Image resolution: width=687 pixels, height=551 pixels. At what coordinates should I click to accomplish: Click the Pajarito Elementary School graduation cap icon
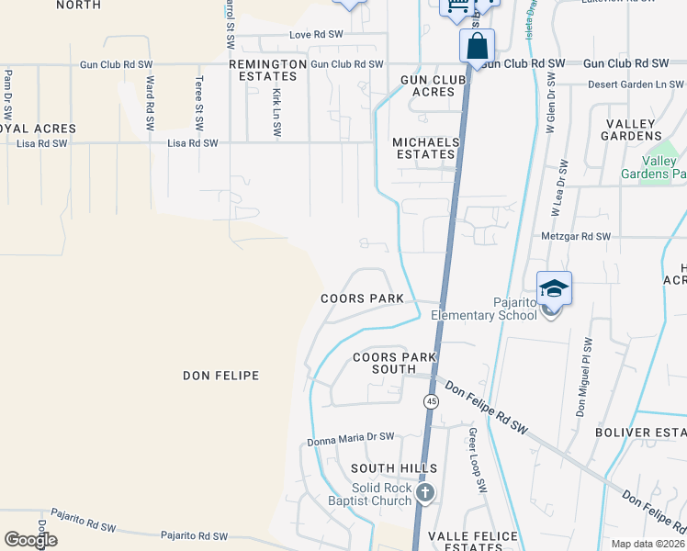point(555,289)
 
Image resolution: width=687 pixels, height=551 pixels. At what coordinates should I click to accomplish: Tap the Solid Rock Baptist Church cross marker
point(424,494)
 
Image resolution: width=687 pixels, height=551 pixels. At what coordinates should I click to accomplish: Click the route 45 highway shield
point(431,401)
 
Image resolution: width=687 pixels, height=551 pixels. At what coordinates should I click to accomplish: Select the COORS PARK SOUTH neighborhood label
point(395,364)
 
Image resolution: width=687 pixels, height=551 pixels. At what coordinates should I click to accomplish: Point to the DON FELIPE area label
point(220,376)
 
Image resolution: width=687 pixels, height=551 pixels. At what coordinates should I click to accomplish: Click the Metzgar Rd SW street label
point(576,237)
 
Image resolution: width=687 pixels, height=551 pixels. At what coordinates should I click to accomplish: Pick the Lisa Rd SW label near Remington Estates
point(193,143)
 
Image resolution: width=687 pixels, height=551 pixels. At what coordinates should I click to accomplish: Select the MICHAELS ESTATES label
point(425,149)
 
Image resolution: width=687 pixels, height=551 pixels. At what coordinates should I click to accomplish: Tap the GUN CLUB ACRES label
point(428,86)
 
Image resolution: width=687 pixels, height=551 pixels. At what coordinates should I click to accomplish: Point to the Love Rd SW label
point(316,35)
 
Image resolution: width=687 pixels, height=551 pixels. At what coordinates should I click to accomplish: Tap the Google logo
point(30,540)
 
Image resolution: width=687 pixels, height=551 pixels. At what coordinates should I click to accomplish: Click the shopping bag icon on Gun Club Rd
point(478,45)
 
